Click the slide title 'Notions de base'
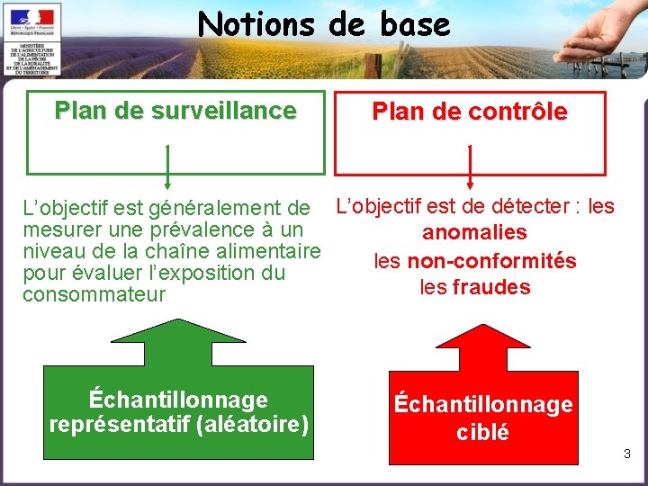324,24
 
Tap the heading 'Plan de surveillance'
175,111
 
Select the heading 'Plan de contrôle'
470,112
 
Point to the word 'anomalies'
475,233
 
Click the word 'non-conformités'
491,261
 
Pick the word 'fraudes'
491,288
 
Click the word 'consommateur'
94,294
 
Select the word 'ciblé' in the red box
482,433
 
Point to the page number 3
627,454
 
